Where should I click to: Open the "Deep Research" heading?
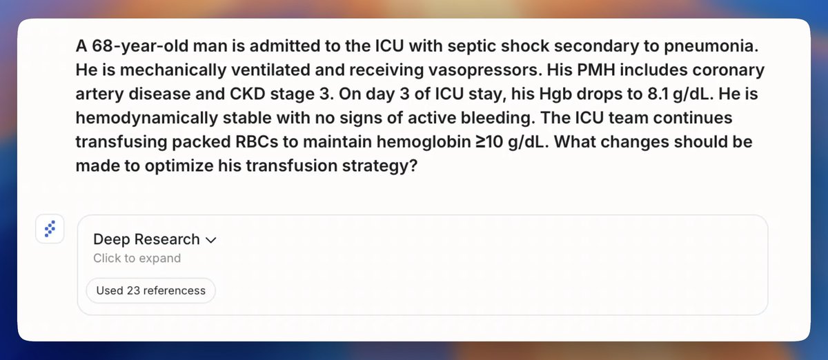[x=146, y=240]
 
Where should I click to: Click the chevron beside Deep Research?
[x=210, y=241]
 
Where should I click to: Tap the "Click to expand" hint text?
[x=137, y=259]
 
